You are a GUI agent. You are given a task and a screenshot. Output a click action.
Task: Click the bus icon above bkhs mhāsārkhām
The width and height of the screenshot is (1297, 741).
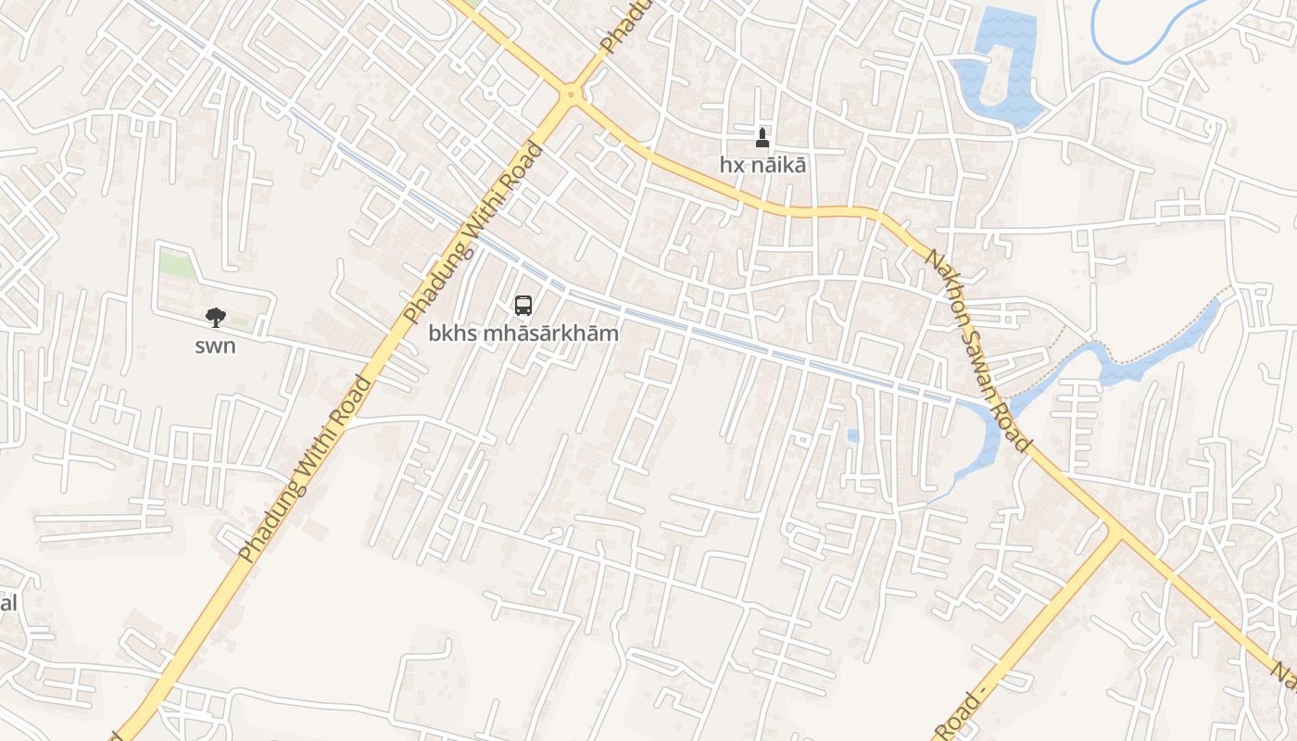pyautogui.click(x=523, y=305)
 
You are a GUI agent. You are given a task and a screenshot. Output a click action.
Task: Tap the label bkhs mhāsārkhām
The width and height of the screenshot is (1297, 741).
pyautogui.click(x=523, y=333)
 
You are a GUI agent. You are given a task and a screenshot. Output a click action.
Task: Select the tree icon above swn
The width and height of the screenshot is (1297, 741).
pyautogui.click(x=215, y=319)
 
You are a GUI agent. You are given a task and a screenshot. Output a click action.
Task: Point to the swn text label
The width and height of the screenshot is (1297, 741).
pyautogui.click(x=215, y=346)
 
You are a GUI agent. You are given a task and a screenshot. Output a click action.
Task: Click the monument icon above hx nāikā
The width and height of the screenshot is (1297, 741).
pyautogui.click(x=762, y=138)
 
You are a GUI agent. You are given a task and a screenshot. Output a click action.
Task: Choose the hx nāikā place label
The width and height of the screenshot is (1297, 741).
pyautogui.click(x=762, y=165)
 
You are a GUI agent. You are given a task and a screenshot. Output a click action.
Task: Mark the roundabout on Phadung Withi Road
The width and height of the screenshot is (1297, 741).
pyautogui.click(x=570, y=93)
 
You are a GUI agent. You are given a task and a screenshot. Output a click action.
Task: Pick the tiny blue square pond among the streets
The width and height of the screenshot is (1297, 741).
pyautogui.click(x=852, y=434)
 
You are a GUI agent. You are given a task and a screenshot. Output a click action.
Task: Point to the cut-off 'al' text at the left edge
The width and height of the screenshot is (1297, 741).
pyautogui.click(x=8, y=603)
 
